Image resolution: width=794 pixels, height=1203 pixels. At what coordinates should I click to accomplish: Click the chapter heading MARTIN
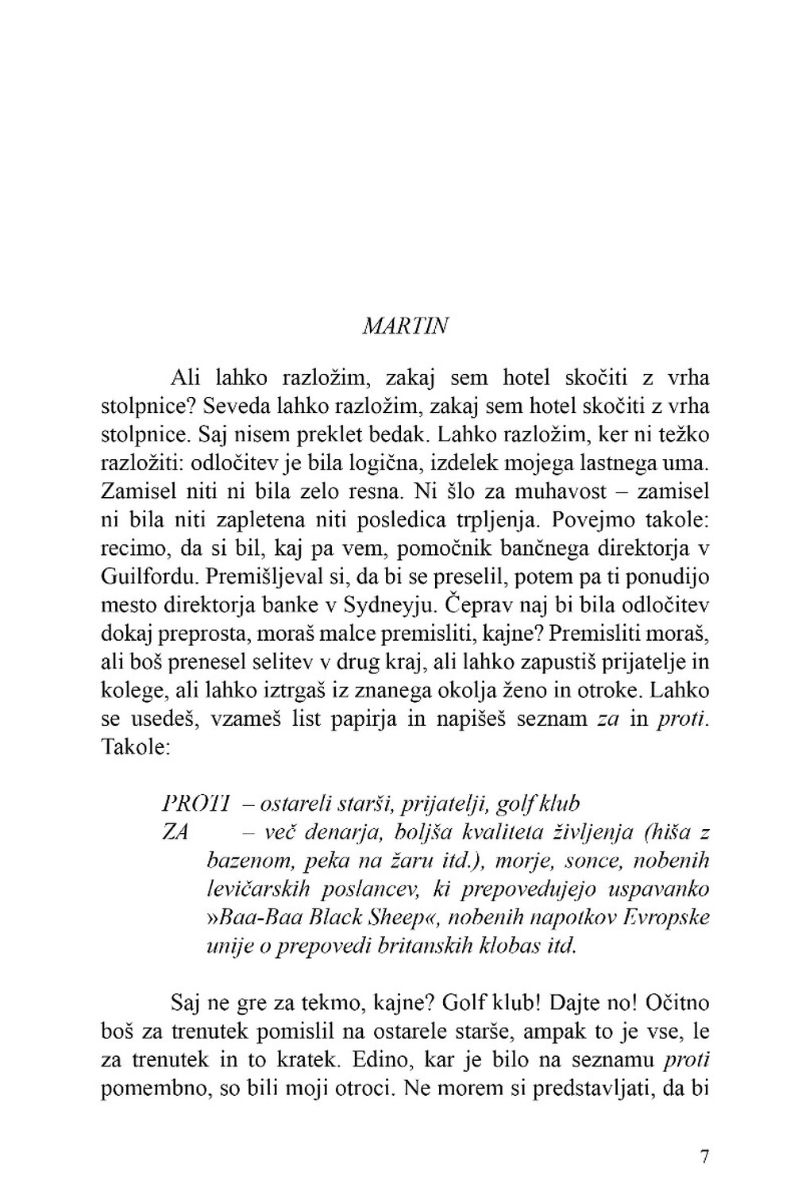[405, 326]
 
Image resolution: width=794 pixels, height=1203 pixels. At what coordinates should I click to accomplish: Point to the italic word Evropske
[666, 918]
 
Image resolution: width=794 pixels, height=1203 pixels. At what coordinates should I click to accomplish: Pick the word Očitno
[677, 1003]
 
